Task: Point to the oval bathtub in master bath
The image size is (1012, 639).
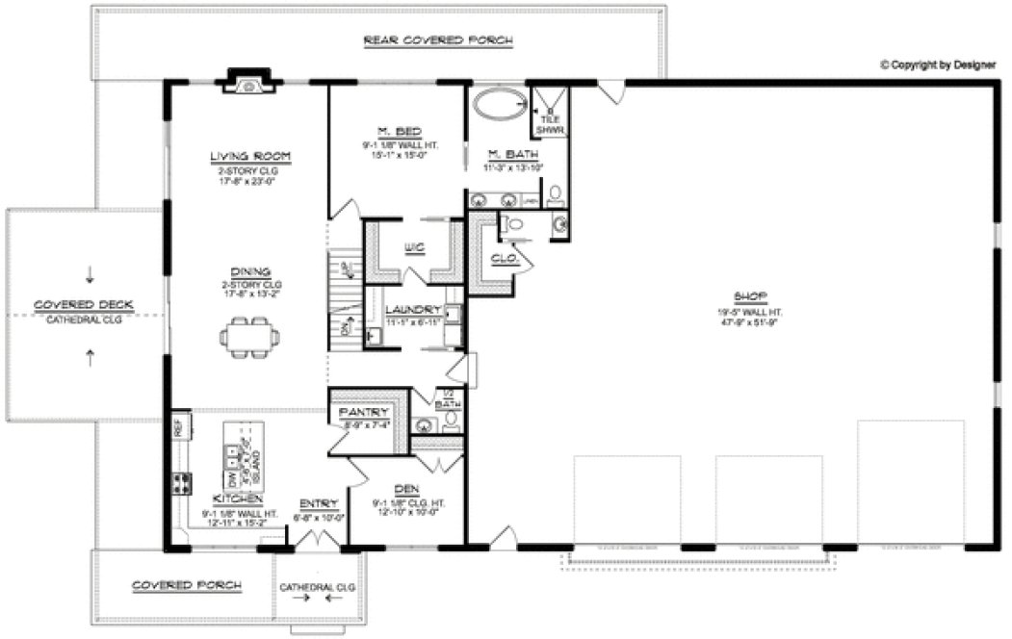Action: point(500,103)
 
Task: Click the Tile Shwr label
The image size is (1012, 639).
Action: point(550,123)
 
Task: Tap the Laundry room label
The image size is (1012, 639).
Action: point(412,310)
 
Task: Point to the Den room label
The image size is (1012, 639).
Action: point(405,489)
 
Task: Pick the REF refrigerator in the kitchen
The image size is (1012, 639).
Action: point(178,424)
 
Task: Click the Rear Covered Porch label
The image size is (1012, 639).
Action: point(437,40)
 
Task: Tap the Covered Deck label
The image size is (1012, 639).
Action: point(84,305)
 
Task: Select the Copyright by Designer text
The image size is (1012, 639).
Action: point(941,65)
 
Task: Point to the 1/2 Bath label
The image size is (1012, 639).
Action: point(444,397)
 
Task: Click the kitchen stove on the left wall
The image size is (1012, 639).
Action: point(179,484)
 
